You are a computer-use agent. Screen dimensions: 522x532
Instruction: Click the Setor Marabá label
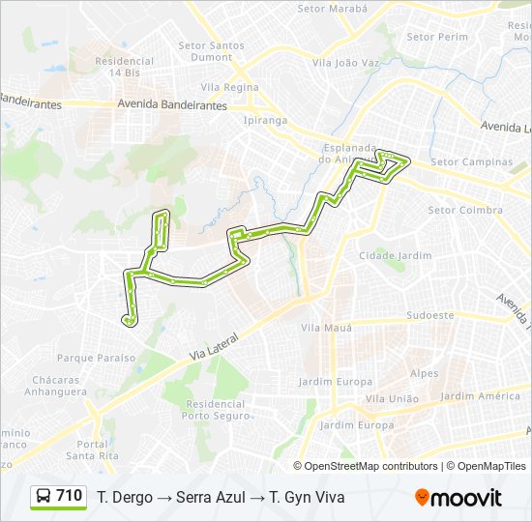pos(333,9)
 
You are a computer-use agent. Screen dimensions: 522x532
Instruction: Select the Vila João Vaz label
pos(345,63)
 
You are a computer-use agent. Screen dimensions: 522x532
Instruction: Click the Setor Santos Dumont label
pos(212,51)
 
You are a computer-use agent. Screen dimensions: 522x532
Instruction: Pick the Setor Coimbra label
pos(465,210)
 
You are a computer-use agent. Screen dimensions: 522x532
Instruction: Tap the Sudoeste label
pos(430,315)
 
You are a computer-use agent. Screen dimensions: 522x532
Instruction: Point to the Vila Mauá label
pos(324,329)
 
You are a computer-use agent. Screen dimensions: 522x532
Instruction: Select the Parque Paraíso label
pos(96,358)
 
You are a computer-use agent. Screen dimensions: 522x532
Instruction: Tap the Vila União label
pos(392,398)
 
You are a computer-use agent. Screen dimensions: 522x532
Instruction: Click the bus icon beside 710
pos(44,497)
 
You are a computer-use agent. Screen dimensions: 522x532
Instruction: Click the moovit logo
pos(458,498)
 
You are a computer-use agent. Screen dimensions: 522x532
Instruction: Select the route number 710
pos(70,496)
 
